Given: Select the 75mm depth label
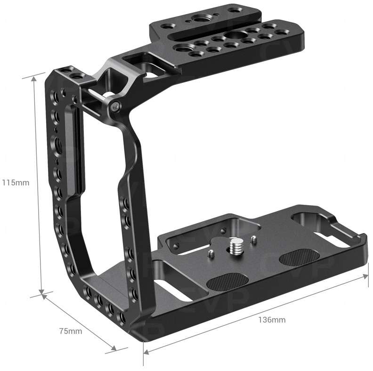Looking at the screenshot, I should point(70,331).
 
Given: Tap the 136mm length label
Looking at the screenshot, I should point(272,320).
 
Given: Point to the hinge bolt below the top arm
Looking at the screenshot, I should point(114,108).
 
